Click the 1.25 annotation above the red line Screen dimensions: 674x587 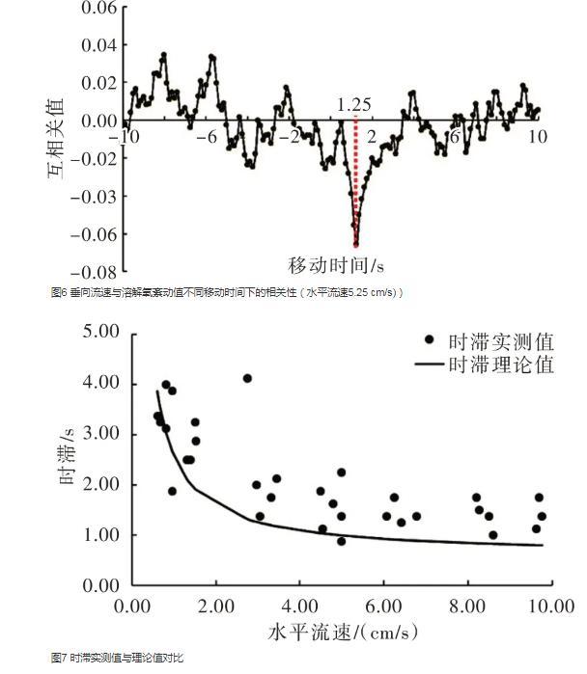(354, 104)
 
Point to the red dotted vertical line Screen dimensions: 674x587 (355, 183)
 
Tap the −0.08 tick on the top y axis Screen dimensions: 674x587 (96, 272)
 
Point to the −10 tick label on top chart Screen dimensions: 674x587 (124, 137)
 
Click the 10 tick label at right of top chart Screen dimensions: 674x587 (538, 137)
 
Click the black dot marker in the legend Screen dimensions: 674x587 (430, 341)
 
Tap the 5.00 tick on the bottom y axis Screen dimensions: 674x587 (97, 332)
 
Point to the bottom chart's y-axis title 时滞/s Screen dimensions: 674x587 (69, 459)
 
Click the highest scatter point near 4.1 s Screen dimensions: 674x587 (247, 378)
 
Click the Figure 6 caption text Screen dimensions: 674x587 (227, 292)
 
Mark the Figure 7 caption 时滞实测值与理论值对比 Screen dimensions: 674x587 (117, 657)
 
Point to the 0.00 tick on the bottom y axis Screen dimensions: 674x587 (97, 585)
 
